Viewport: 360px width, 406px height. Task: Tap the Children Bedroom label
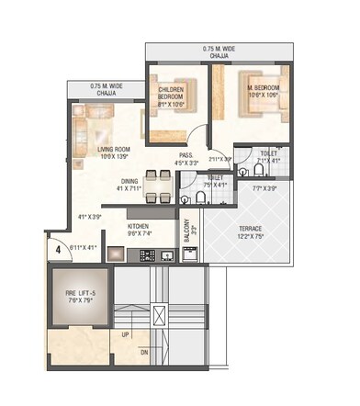[x=172, y=92]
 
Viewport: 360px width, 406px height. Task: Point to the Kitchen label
[x=138, y=226]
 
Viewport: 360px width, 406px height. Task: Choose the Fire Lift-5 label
[x=78, y=294]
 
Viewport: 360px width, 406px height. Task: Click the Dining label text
[x=129, y=181]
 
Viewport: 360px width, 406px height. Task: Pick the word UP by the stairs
[x=125, y=334]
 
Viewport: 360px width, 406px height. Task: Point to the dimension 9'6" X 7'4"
[x=138, y=234]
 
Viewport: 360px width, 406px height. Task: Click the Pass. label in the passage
[x=186, y=157]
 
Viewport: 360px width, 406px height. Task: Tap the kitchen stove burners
[x=147, y=254]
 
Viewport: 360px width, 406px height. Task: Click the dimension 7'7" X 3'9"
[x=264, y=189]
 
